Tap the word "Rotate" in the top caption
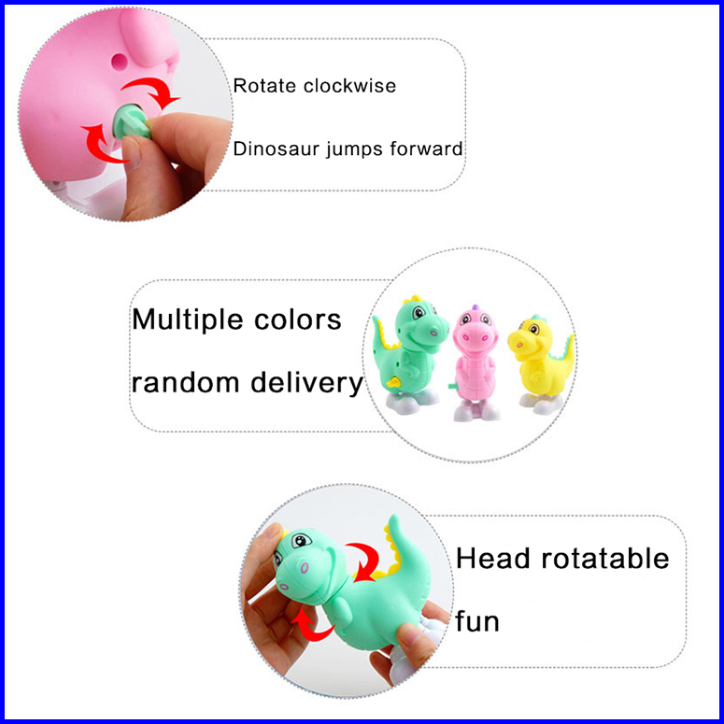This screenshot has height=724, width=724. click(264, 86)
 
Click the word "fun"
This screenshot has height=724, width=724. click(477, 620)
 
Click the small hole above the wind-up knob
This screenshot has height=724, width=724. click(117, 61)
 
